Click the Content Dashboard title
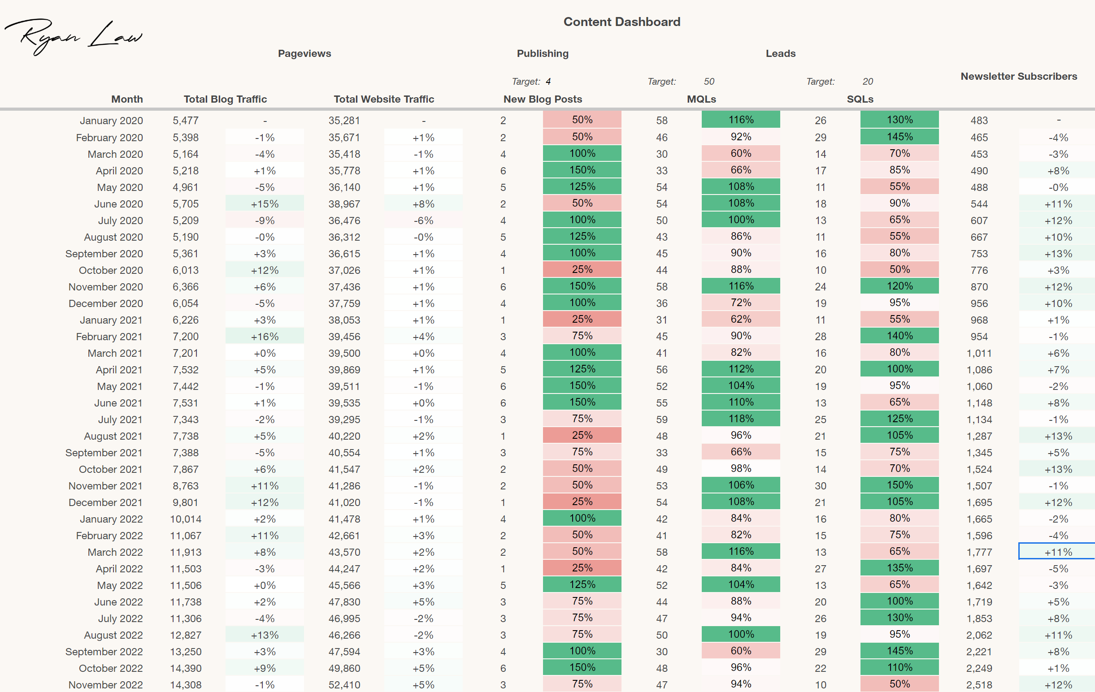pos(621,22)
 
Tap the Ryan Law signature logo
pos(73,36)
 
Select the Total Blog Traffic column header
pos(225,99)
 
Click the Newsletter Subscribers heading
pos(1019,76)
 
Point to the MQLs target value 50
pos(709,81)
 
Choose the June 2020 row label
pos(118,204)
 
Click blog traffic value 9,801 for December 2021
pos(186,502)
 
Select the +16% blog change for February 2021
pos(265,337)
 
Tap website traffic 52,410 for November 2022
pos(344,685)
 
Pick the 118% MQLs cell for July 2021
pos(741,419)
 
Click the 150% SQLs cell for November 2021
pos(899,485)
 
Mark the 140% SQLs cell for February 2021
pos(899,336)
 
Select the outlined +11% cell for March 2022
pos(1058,552)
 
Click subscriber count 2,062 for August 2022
pos(979,635)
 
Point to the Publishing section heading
pos(543,54)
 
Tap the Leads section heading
pos(780,54)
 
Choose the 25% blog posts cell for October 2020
pos(582,269)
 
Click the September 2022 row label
pos(104,652)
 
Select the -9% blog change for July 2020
pos(265,221)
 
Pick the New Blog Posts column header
pos(543,99)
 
